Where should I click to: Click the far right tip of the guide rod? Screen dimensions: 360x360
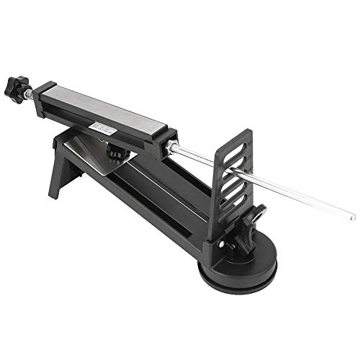pos(353,217)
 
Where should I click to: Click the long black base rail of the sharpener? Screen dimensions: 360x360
pos(158,202)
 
